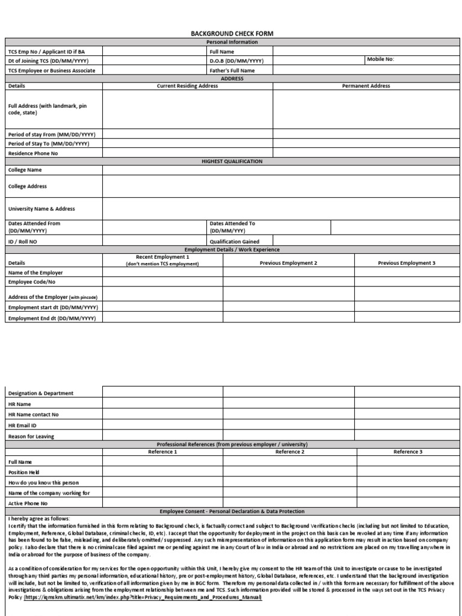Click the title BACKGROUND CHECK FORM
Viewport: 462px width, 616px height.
tap(232, 34)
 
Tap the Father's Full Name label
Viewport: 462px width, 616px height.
tap(232, 70)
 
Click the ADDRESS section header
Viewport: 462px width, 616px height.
tap(232, 78)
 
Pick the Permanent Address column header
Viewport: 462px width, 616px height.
tap(366, 86)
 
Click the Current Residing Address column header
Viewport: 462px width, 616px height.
tap(187, 86)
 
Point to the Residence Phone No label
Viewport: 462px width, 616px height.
tap(33, 153)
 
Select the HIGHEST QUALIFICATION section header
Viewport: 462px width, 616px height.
tap(232, 161)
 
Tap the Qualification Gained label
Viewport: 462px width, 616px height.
tap(235, 242)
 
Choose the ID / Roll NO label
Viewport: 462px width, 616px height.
tap(22, 242)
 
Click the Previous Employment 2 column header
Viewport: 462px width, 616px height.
tap(288, 263)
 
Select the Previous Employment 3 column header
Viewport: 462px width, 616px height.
tap(406, 263)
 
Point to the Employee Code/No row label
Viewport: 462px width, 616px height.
tap(31, 282)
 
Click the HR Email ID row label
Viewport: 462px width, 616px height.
tap(22, 425)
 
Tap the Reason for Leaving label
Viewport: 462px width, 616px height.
tap(31, 436)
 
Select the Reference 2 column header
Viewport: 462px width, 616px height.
tap(289, 451)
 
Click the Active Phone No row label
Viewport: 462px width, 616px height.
tap(28, 503)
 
